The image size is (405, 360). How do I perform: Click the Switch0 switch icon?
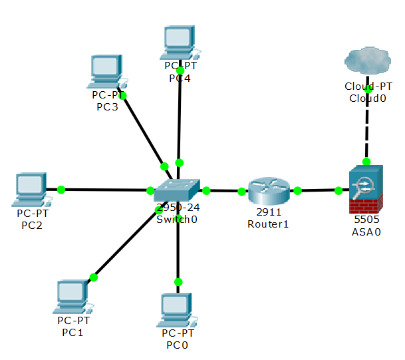(x=176, y=191)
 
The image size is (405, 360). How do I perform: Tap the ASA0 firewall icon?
(x=366, y=189)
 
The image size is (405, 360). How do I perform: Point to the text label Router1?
(x=268, y=224)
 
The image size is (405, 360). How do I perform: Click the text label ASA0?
(x=366, y=231)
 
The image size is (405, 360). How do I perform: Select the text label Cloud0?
(x=367, y=98)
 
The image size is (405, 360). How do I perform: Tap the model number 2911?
(x=268, y=212)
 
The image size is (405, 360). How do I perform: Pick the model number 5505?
(x=366, y=219)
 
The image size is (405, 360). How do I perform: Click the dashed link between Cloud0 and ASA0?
(x=366, y=130)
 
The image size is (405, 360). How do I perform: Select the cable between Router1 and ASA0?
(x=318, y=191)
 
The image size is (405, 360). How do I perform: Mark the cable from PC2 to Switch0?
(x=106, y=190)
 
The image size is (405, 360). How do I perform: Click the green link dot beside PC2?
(x=61, y=190)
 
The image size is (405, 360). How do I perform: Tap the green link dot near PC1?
(x=94, y=277)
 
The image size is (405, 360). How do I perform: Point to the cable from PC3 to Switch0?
(x=143, y=130)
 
